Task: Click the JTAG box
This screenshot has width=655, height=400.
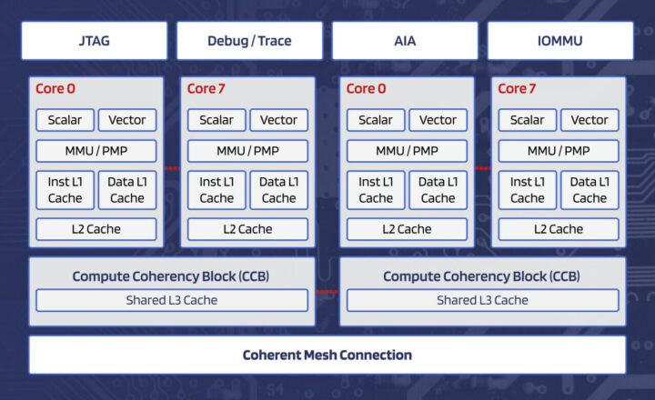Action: pos(95,42)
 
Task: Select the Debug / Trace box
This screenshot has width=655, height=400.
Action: pos(249,42)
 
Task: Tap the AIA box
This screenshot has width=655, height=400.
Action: pos(405,42)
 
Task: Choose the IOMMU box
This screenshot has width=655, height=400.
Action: pos(560,42)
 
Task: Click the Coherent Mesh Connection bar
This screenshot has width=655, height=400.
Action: pos(327,355)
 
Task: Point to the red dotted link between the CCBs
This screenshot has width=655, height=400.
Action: pos(327,292)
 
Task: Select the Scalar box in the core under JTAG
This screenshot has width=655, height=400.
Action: pos(65,120)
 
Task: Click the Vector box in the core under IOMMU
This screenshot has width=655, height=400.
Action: pos(589,120)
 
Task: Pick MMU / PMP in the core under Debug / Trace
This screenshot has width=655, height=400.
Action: pos(247,151)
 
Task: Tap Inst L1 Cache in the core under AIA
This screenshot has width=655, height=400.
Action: pos(375,190)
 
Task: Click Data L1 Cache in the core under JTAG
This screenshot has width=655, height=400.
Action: pos(127,190)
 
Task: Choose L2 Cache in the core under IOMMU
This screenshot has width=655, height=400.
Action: pos(558,229)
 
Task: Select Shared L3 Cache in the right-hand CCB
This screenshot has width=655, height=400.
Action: pos(482,300)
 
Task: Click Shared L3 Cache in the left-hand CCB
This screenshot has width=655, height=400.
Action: pos(171,300)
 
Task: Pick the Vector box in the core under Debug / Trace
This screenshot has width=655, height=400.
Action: pos(278,120)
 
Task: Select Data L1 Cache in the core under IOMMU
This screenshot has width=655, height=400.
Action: pos(589,190)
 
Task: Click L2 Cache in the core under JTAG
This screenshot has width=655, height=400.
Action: pos(96,229)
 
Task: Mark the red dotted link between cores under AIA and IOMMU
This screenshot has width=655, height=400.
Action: pos(483,168)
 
